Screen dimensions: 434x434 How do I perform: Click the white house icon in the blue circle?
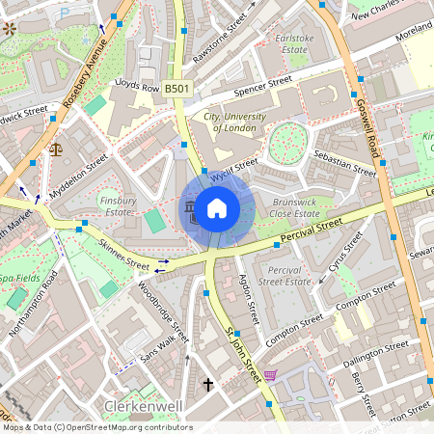[x=217, y=208]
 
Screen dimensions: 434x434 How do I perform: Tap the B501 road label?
[x=177, y=89]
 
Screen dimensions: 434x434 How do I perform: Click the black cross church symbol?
[x=207, y=384]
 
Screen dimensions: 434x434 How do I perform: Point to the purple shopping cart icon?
[x=271, y=374]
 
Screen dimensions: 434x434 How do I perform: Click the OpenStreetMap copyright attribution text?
[x=96, y=427]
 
